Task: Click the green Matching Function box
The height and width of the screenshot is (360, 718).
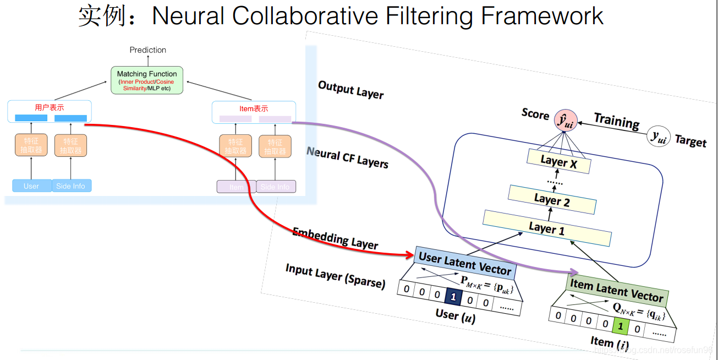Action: tap(147, 80)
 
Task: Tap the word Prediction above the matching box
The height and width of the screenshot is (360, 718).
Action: tap(147, 50)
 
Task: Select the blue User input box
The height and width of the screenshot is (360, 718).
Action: tap(31, 186)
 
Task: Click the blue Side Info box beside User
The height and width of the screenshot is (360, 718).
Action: tap(71, 186)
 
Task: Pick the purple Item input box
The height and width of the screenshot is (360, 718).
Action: tap(236, 187)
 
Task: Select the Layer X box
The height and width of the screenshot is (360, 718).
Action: tap(558, 161)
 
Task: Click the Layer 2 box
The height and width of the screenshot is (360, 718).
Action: tap(552, 200)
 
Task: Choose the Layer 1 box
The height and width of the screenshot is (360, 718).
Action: tap(546, 228)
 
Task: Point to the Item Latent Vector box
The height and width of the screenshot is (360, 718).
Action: tap(616, 290)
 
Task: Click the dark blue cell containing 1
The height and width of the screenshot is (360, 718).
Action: tap(453, 297)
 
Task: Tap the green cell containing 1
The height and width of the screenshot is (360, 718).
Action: tap(620, 327)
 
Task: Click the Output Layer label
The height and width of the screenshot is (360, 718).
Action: tap(350, 89)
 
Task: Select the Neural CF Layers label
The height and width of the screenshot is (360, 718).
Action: tap(347, 156)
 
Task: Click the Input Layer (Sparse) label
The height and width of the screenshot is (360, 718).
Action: tap(335, 276)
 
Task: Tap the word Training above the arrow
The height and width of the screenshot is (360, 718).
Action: tap(616, 121)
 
